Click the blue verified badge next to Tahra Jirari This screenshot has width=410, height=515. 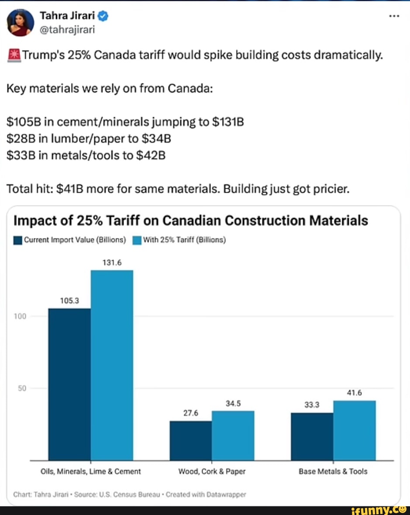point(103,17)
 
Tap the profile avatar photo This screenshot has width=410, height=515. point(21,23)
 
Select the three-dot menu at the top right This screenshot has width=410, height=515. point(394,16)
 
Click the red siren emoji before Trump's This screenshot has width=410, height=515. point(14,55)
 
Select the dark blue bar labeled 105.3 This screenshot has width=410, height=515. point(69,384)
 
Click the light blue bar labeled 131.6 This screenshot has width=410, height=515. point(112,365)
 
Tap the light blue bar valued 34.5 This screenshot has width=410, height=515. point(233,436)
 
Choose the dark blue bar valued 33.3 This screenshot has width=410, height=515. point(312,436)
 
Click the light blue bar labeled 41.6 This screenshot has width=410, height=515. point(354,430)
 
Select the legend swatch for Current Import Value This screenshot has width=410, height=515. point(18,240)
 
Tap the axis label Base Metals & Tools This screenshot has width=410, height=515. point(333,472)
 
